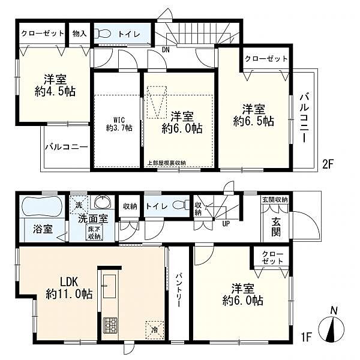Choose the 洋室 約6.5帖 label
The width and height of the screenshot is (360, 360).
[254, 115]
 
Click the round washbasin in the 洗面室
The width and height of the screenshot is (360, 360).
[100, 202]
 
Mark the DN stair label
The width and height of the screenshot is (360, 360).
[165, 50]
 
